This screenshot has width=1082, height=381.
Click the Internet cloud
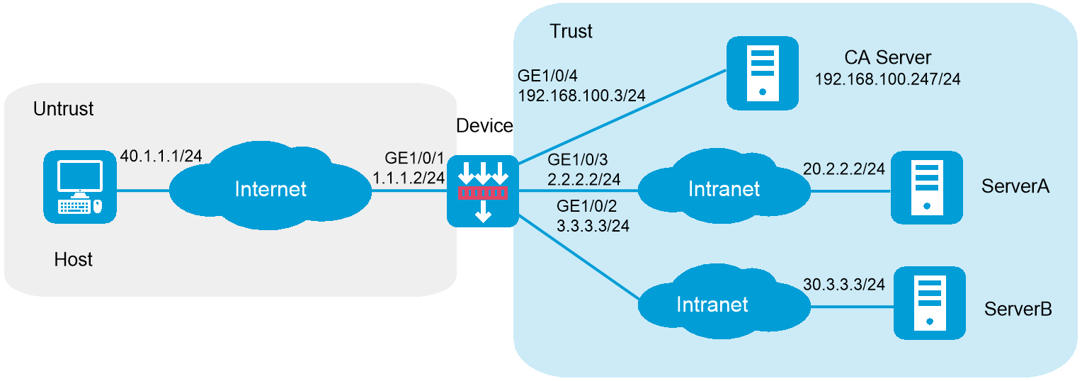pyautogui.click(x=270, y=188)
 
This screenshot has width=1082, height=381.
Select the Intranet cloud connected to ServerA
pyautogui.click(x=724, y=188)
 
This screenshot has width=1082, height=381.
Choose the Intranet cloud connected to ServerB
pyautogui.click(x=712, y=305)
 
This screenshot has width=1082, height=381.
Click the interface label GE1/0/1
pyautogui.click(x=405, y=157)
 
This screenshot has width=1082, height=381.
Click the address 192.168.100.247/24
pyautogui.click(x=887, y=79)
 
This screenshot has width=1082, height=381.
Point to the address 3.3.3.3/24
pyautogui.click(x=593, y=226)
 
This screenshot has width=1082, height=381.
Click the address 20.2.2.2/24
pyautogui.click(x=843, y=169)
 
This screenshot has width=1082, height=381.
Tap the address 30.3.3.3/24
pyautogui.click(x=843, y=284)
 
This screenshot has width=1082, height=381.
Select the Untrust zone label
pyautogui.click(x=63, y=110)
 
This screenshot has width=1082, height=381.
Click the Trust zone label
pyautogui.click(x=571, y=32)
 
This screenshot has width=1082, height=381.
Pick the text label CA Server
pyautogui.click(x=887, y=57)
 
